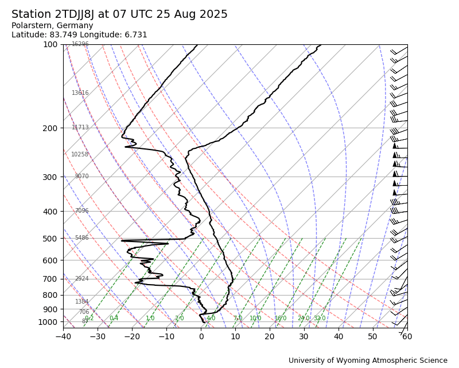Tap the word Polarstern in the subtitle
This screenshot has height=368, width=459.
click(30, 26)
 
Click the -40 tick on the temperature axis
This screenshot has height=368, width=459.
click(63, 336)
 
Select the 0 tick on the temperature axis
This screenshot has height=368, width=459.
click(201, 336)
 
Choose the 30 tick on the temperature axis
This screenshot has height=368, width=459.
click(304, 336)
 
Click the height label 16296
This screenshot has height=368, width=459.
click(80, 44)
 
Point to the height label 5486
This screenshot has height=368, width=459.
click(81, 238)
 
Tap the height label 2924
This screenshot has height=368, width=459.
click(81, 279)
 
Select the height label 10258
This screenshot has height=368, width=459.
click(80, 155)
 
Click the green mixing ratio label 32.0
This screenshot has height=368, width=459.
click(320, 319)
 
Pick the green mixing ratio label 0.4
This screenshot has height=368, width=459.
click(114, 319)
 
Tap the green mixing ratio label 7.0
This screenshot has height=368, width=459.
click(238, 319)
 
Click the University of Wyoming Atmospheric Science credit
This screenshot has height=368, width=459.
click(368, 361)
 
